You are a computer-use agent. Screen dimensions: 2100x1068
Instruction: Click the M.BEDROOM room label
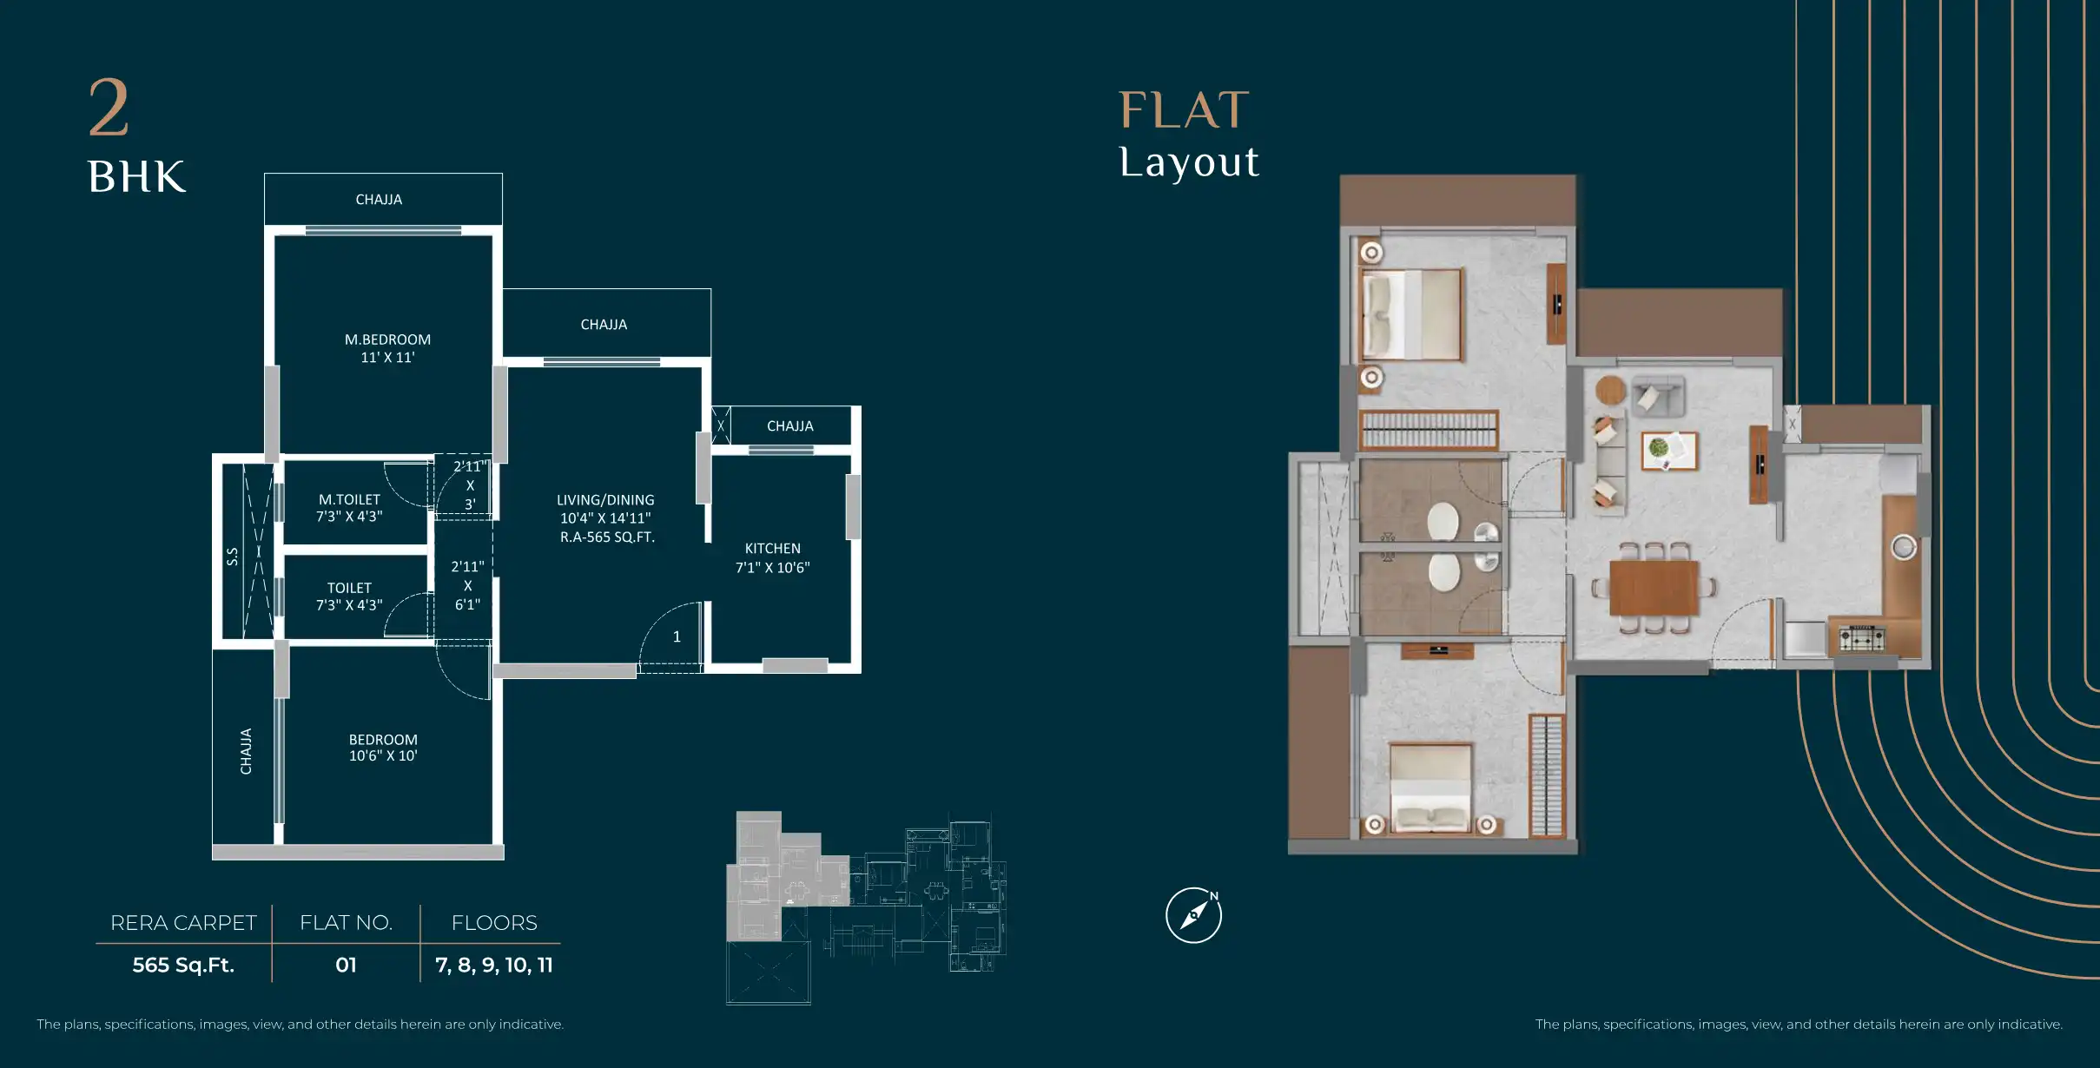[x=387, y=340]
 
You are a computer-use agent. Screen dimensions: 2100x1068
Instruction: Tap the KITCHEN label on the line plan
[x=772, y=549]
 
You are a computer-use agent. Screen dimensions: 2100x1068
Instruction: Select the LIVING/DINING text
[x=605, y=500]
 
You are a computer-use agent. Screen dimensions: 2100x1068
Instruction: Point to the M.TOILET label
[x=349, y=499]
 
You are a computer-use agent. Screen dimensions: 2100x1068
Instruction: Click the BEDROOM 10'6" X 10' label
[x=383, y=748]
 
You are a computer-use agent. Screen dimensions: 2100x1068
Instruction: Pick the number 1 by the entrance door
[x=677, y=636]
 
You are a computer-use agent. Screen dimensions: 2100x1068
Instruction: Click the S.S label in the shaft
[x=233, y=557]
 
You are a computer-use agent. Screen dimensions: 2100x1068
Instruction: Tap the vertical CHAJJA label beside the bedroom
[x=246, y=751]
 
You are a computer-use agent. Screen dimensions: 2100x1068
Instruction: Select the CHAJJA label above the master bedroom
[x=379, y=200]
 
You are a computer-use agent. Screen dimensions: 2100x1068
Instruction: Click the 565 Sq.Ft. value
[x=183, y=965]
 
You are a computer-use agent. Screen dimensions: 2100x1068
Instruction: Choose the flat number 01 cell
[x=346, y=965]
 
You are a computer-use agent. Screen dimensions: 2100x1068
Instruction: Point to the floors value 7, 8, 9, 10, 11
[x=493, y=965]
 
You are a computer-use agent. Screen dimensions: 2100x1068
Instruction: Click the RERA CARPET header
[x=183, y=922]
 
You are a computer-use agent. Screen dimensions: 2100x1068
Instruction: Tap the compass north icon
[x=1194, y=915]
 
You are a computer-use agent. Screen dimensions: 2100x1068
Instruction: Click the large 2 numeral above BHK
[x=109, y=108]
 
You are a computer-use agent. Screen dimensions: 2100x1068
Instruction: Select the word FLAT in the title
[x=1184, y=110]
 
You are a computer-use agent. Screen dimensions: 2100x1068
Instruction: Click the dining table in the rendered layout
[x=1653, y=588]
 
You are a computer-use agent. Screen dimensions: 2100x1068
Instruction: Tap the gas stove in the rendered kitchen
[x=1861, y=638]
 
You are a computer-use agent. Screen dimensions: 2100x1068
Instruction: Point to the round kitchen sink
[x=1904, y=548]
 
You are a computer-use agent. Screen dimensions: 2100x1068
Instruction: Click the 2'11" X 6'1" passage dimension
[x=467, y=585]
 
